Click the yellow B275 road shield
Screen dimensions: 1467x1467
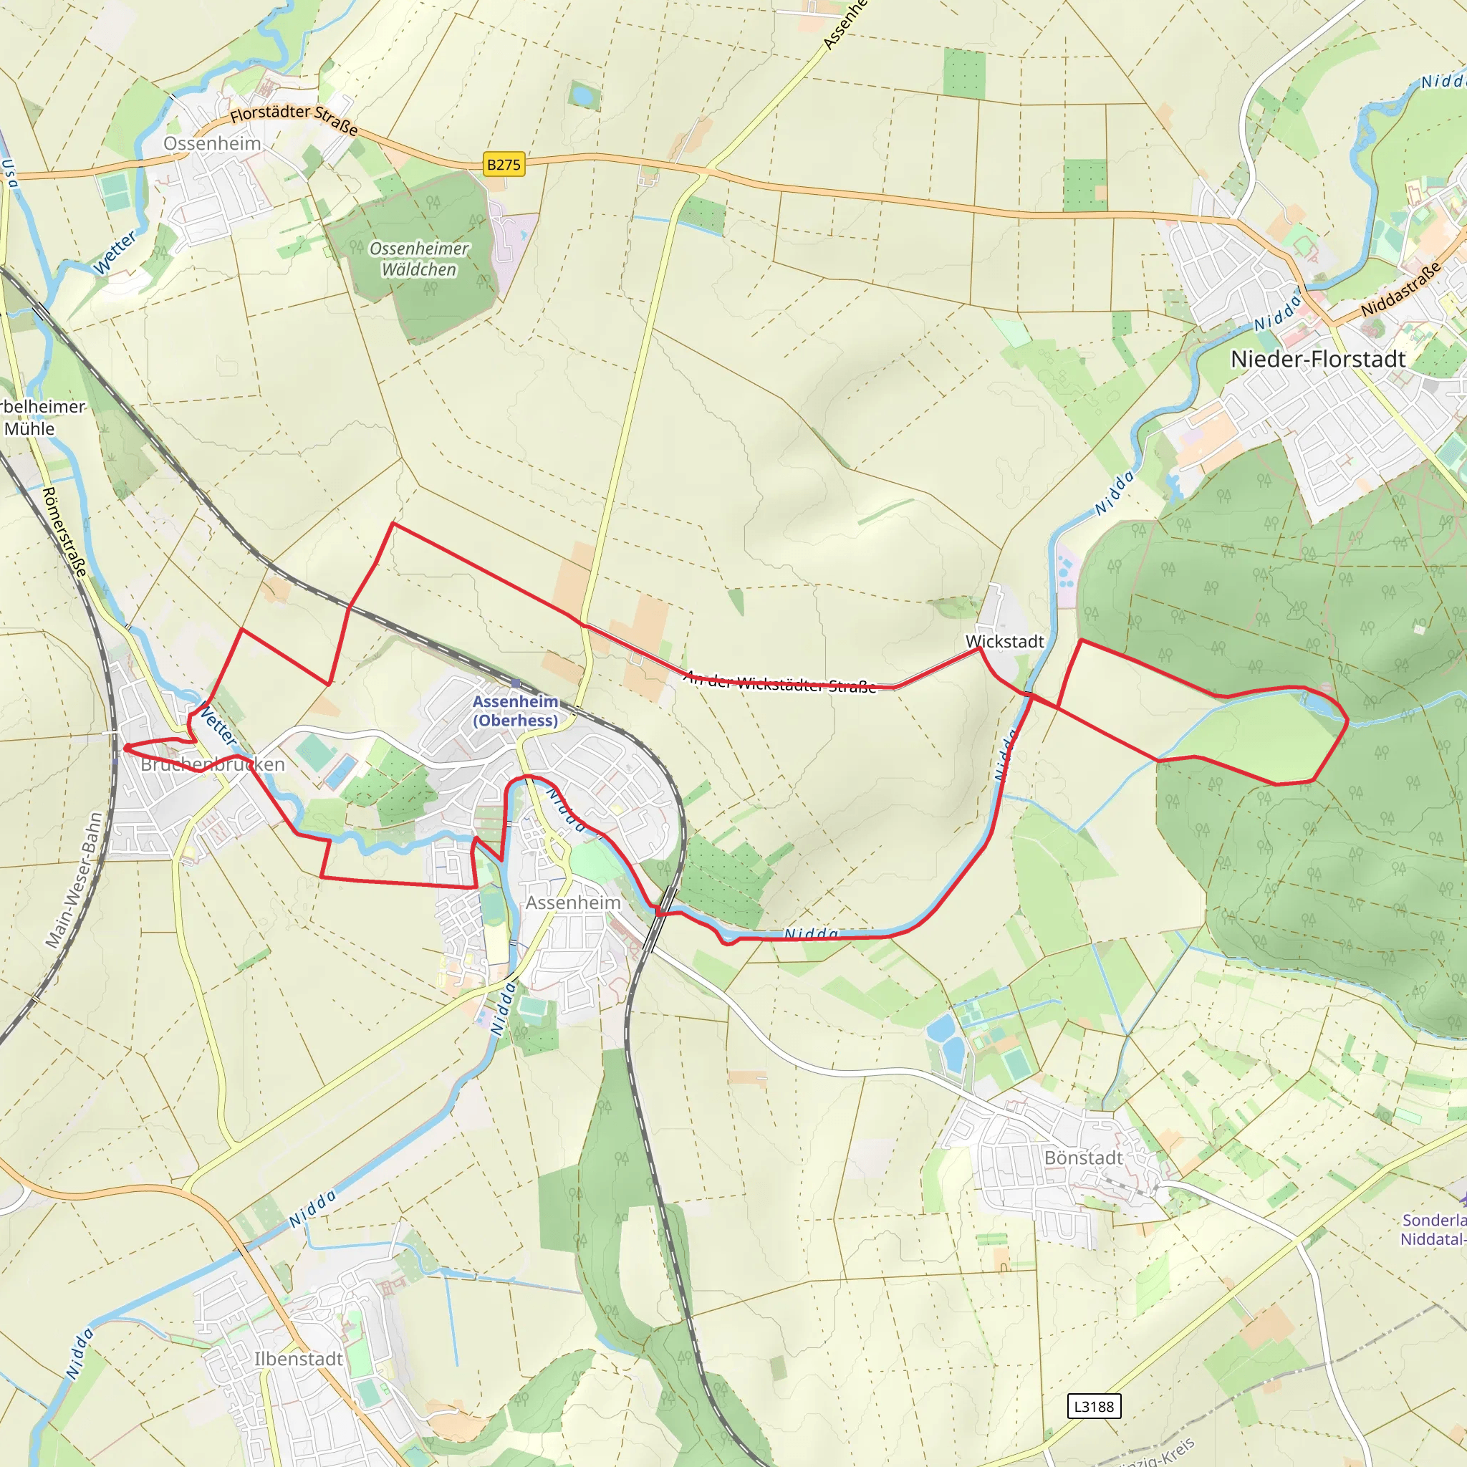(x=504, y=164)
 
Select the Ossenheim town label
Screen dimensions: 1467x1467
(x=212, y=143)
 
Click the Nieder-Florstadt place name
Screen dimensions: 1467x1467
(x=1318, y=359)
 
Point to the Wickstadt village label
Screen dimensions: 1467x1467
(x=1004, y=642)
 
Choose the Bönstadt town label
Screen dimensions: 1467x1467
(x=1083, y=1158)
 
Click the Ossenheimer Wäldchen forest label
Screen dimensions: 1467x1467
(x=419, y=259)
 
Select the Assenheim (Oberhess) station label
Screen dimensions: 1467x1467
(x=516, y=711)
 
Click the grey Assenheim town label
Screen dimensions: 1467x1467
(x=573, y=903)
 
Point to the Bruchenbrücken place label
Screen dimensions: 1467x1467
(x=213, y=764)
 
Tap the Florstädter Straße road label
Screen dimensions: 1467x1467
(x=294, y=117)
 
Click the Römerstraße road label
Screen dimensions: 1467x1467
(x=64, y=532)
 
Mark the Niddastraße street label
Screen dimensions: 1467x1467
(x=1400, y=290)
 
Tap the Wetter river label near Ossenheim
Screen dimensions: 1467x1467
(x=114, y=253)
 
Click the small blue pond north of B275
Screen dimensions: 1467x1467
(x=583, y=96)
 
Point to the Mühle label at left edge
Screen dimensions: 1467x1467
(x=29, y=429)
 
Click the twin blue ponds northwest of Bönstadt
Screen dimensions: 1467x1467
(x=946, y=1041)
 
